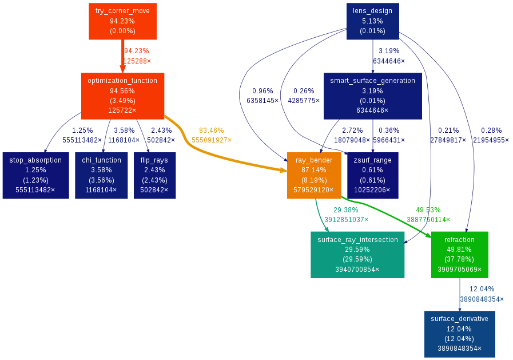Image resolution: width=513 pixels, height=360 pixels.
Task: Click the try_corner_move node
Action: coord(123,21)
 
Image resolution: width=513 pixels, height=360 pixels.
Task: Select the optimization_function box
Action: coord(122,95)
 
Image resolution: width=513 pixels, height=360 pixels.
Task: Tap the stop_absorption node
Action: coord(35,175)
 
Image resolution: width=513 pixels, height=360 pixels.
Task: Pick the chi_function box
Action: coord(101,175)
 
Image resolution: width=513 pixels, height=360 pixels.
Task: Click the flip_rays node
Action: coord(154,175)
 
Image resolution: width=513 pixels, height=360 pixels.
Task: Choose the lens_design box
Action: coord(372,21)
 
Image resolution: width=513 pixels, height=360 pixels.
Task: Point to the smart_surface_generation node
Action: coord(372,95)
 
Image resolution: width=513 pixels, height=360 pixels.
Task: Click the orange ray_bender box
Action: coord(314,175)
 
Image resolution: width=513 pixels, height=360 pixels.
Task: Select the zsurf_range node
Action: coord(372,175)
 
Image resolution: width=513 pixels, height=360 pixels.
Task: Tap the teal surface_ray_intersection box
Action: coord(357,255)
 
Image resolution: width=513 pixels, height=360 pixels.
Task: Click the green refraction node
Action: coord(459,255)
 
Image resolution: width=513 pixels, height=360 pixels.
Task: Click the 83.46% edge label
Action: coord(211,130)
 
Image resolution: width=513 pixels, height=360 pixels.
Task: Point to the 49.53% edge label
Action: coord(428,210)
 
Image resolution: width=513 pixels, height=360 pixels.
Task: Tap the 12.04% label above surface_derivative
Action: coord(482,289)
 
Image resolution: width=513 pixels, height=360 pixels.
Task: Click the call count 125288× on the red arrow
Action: coord(137,61)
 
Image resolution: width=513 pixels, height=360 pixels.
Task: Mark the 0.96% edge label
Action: coord(263,91)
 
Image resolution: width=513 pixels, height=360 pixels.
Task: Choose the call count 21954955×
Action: coord(491,140)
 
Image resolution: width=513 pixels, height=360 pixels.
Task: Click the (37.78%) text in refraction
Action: coord(459,259)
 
